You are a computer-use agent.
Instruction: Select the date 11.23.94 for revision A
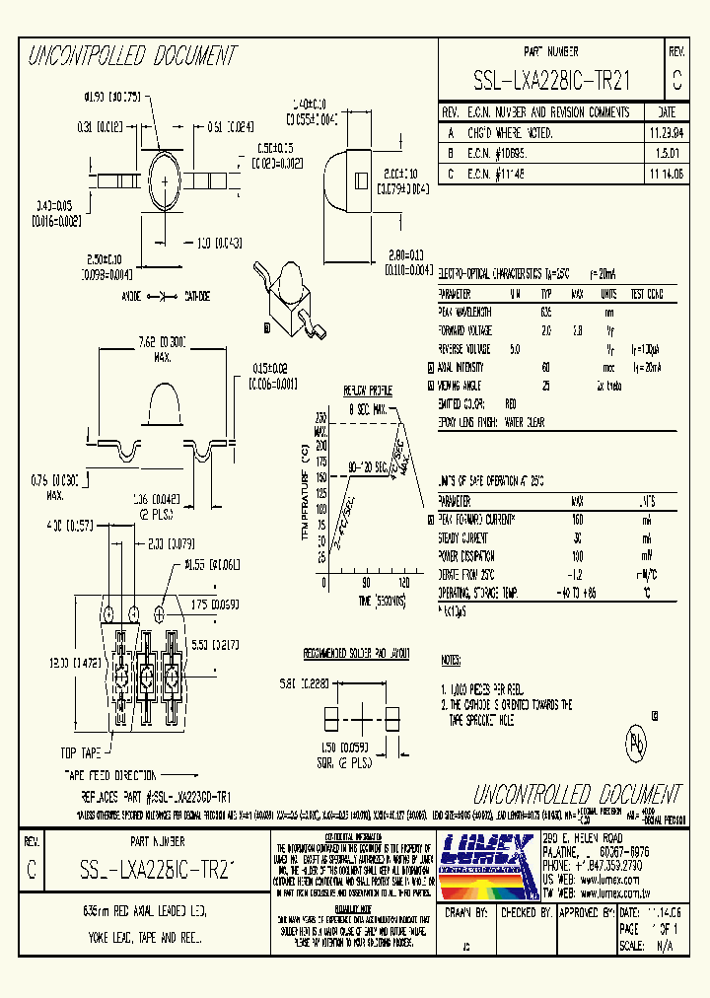click(x=666, y=132)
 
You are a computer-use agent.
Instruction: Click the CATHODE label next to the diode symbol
click(x=197, y=296)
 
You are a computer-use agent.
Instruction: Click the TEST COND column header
click(x=646, y=294)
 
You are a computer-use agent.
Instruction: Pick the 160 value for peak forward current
click(x=578, y=519)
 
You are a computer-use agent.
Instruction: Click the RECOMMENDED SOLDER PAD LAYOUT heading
click(x=356, y=654)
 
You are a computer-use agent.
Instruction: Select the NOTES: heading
click(x=451, y=658)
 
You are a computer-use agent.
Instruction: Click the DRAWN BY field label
click(x=467, y=913)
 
